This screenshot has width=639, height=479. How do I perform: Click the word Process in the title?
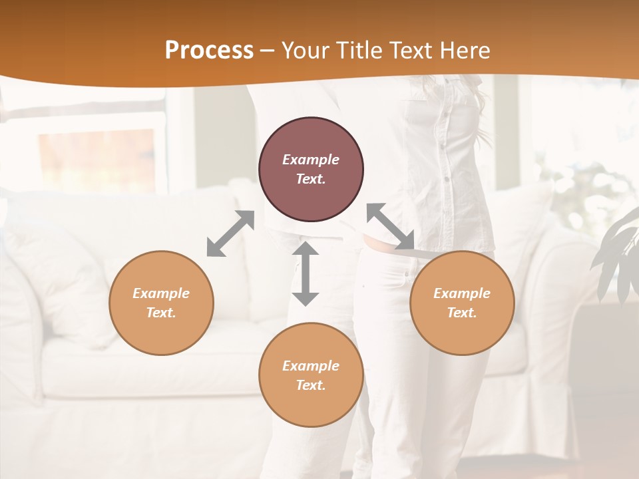click(209, 51)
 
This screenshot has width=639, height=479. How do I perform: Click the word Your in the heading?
click(304, 51)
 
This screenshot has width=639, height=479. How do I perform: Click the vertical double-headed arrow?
click(306, 273)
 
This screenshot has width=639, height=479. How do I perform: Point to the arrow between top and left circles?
click(230, 233)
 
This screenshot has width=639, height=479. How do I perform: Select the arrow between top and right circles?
click(390, 226)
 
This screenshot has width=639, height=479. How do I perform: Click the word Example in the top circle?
click(311, 160)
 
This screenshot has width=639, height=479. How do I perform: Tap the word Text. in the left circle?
click(161, 313)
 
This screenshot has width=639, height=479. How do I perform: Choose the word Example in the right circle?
click(462, 293)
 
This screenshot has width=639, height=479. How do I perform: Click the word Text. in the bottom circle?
click(311, 385)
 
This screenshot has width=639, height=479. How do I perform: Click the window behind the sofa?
click(97, 156)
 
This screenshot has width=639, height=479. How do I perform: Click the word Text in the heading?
click(409, 51)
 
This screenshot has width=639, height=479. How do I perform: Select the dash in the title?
click(268, 51)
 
